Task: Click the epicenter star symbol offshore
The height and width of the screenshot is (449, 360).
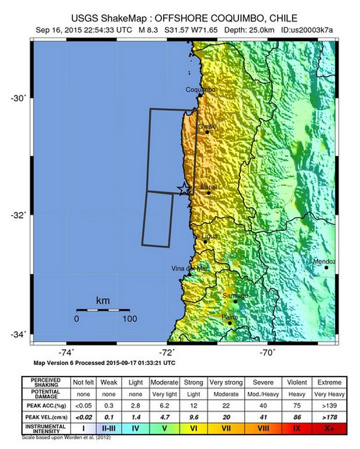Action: (184, 189)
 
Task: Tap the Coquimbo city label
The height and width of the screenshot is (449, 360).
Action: (200, 90)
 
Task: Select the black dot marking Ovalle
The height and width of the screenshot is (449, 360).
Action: (207, 132)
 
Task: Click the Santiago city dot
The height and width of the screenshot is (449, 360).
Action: (236, 301)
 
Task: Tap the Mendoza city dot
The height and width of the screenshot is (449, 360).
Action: (326, 267)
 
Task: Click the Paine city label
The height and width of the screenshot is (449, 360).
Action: (230, 317)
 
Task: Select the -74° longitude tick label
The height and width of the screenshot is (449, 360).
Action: (67, 353)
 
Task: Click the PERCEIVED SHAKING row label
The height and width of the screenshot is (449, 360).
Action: (45, 383)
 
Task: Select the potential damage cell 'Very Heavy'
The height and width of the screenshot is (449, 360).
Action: (329, 393)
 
